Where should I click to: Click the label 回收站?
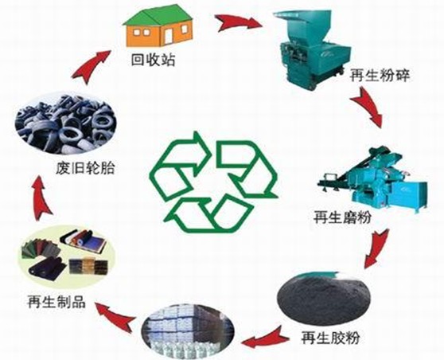153,60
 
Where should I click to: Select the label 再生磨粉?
342,217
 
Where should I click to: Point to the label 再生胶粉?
330,338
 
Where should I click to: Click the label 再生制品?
56,302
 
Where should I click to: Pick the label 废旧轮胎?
86,168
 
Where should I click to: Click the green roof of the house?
158,17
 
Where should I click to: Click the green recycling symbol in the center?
213,182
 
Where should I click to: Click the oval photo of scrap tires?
65,123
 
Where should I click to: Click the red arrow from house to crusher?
238,22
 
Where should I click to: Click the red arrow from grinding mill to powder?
376,248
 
